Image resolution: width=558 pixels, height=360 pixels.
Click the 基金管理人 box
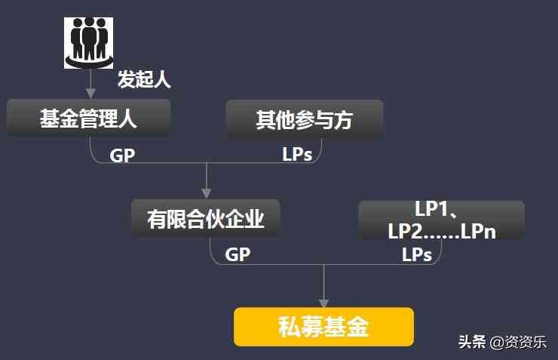point(88,118)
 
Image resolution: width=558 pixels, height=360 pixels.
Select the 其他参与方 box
point(304,119)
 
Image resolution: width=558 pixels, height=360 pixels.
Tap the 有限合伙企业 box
point(205,219)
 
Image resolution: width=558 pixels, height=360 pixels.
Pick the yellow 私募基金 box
point(323,327)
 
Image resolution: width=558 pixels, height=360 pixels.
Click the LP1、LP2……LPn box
point(441,220)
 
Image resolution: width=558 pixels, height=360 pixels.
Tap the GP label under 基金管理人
point(123,155)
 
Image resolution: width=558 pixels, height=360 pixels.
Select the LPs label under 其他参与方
point(297,155)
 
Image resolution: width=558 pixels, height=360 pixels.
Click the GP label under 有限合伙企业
point(238,255)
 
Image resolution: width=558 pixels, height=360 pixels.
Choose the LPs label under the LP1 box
point(416,255)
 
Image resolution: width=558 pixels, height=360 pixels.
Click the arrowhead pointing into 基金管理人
point(90,93)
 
